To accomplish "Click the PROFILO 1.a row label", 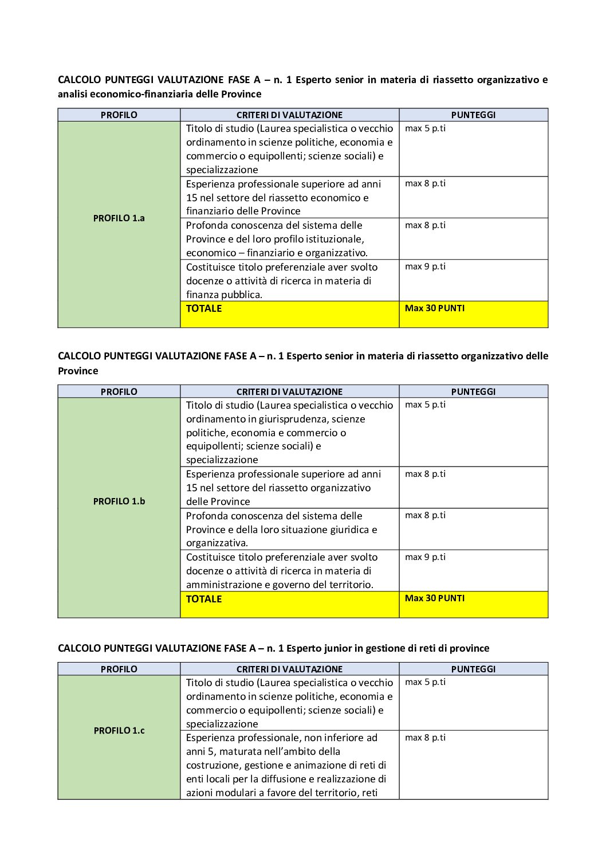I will [119, 218].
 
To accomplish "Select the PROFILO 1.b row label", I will [119, 502].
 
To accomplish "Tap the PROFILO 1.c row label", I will [119, 731].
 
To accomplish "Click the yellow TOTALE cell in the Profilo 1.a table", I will [204, 308].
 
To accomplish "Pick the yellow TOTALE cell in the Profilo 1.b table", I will [204, 599].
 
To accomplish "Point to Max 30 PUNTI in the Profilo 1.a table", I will [435, 308].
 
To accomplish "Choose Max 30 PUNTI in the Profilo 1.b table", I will [435, 598].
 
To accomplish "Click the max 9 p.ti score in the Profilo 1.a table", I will [425, 267].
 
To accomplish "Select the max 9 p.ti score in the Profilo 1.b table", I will [425, 557].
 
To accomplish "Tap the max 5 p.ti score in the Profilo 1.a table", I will [425, 128].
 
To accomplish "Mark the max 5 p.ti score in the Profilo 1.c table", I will [425, 682].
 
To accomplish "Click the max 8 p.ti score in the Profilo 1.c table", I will [425, 738].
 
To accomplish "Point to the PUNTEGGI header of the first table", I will [473, 115].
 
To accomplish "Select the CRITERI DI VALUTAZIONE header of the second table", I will [289, 392].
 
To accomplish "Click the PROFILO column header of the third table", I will [119, 669].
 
